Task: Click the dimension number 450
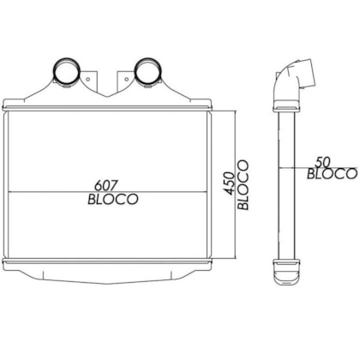[229, 183]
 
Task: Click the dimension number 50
[322, 162]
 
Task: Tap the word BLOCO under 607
[113, 199]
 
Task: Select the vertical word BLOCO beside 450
[243, 185]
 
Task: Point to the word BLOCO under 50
[332, 174]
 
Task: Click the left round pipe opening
[66, 72]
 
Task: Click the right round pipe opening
[147, 72]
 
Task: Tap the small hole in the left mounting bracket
[88, 79]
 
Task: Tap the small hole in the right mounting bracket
[127, 79]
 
